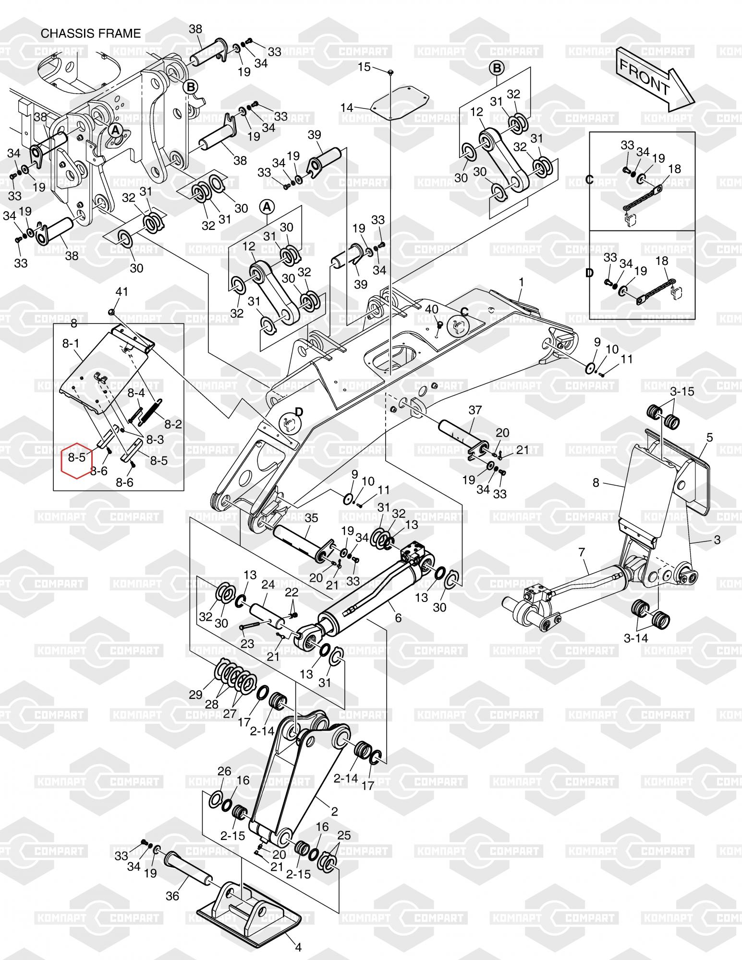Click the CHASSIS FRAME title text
pyautogui.click(x=91, y=34)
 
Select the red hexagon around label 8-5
pyautogui.click(x=77, y=458)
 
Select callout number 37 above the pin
pyautogui.click(x=475, y=410)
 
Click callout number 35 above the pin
pyautogui.click(x=311, y=518)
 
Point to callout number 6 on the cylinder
pyautogui.click(x=398, y=618)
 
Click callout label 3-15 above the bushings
pyautogui.click(x=682, y=391)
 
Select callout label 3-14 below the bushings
pyautogui.click(x=636, y=638)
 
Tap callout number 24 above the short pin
pyautogui.click(x=268, y=585)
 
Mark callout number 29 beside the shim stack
pyautogui.click(x=196, y=694)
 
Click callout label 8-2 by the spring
pyautogui.click(x=173, y=424)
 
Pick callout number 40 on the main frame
pyautogui.click(x=432, y=310)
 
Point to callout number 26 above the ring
pyautogui.click(x=224, y=771)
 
